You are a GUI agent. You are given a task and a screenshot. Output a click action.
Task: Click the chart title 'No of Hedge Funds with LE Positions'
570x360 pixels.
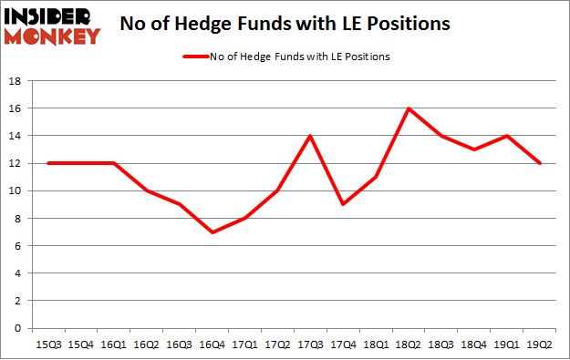[285, 24]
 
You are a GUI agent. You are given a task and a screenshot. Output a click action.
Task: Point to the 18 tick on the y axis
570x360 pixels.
[15, 81]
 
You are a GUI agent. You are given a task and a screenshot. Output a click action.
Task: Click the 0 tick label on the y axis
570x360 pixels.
[17, 328]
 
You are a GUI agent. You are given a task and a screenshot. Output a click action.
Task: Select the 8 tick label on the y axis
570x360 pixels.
[17, 219]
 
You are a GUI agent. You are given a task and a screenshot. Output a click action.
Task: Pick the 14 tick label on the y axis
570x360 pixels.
[15, 136]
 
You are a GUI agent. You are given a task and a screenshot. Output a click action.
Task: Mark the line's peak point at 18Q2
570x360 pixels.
[409, 108]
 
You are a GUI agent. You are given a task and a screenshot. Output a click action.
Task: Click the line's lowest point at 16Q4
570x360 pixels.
[212, 232]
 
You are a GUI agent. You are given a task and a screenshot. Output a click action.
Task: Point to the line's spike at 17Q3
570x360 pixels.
[311, 136]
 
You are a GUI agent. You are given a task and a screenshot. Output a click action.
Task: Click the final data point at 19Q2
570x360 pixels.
[540, 163]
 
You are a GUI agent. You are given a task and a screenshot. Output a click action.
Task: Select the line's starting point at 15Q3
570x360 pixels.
[48, 163]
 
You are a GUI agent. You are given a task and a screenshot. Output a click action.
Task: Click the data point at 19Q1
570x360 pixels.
[507, 136]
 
